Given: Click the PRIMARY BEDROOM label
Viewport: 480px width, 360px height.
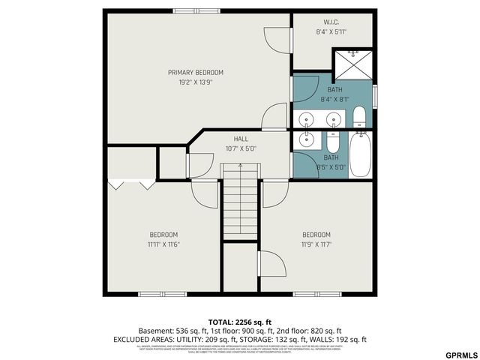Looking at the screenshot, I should [195, 73].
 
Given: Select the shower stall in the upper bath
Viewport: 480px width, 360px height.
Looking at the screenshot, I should [351, 64].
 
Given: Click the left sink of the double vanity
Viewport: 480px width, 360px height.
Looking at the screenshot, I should [306, 119].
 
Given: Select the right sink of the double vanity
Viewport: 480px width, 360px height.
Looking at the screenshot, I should [332, 119].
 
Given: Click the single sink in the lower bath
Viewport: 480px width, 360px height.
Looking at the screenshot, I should [306, 139].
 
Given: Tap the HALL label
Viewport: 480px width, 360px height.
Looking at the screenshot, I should [241, 139].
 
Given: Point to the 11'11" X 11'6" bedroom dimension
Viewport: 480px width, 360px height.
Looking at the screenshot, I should [163, 244].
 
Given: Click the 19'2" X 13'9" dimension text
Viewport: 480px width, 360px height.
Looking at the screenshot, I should [195, 82].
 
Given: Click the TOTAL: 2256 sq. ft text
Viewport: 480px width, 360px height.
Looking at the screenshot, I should [240, 321].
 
